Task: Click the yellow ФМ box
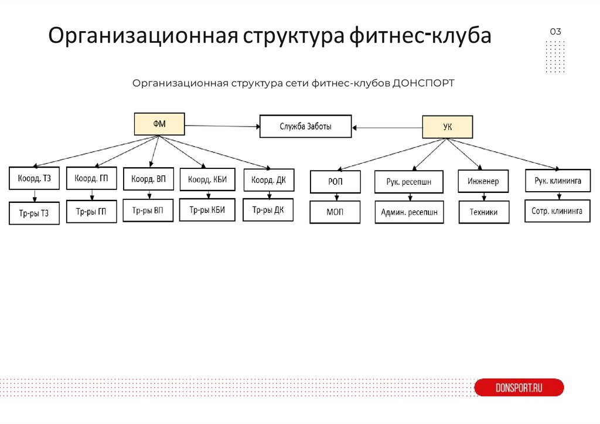point(159,124)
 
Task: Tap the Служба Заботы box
point(305,126)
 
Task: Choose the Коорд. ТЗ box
point(34,179)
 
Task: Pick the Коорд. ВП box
point(148,179)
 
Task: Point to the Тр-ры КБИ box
point(207,210)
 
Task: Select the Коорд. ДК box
point(268,180)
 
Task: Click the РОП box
point(335,182)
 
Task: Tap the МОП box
point(335,212)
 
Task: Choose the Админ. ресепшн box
point(410,212)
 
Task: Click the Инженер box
point(483,182)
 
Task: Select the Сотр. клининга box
point(557,211)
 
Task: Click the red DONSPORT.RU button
point(519,388)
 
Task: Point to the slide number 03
point(555,32)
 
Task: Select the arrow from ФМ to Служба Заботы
point(222,125)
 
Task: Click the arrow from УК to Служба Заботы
point(387,127)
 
